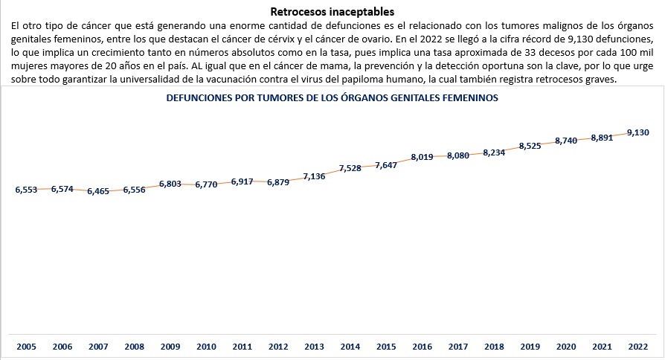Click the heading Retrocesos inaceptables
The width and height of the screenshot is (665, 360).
332,12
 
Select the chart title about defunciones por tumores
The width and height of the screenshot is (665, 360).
332,97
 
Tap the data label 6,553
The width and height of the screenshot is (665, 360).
26,190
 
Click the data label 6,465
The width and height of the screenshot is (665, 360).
98,192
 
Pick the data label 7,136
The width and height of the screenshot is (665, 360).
314,177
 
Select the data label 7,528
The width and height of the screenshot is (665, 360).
350,168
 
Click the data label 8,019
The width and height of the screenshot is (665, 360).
422,158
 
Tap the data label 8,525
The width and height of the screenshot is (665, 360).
530,146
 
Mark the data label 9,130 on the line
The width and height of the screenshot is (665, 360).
638,132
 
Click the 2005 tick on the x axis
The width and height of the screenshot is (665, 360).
26,347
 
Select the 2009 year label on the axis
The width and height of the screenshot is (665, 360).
170,347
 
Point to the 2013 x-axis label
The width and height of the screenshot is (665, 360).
314,347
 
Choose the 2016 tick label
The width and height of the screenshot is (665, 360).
423,347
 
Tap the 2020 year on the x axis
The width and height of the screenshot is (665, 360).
566,347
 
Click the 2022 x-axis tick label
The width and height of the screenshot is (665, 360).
638,347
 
